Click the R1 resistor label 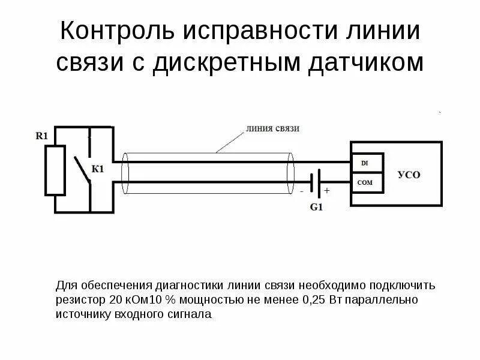[42, 136]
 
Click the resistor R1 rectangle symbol [56, 170]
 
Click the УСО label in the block [410, 175]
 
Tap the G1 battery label [316, 207]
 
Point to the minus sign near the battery [302, 191]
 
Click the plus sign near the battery [327, 191]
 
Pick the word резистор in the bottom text [82, 298]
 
